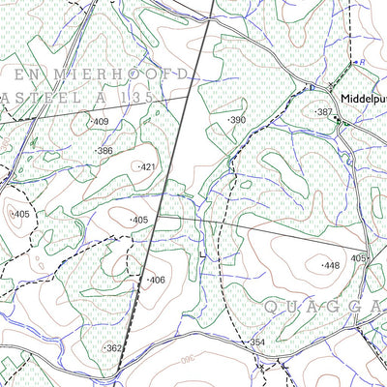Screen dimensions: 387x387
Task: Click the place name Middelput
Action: (x=363, y=99)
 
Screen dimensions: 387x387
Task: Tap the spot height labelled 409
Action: (x=101, y=123)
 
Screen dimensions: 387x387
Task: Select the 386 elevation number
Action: (x=104, y=151)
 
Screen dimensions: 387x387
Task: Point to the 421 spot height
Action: (x=147, y=167)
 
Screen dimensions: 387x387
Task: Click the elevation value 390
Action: (x=237, y=119)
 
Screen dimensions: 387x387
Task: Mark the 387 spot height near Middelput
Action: (x=325, y=112)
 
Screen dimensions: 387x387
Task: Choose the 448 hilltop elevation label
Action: (x=332, y=264)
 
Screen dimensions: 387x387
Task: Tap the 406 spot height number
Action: (x=157, y=280)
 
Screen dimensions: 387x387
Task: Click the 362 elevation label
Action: (x=114, y=348)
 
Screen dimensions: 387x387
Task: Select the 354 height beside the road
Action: (x=256, y=342)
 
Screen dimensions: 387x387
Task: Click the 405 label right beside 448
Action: (x=359, y=258)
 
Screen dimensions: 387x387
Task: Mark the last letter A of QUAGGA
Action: (x=378, y=307)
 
